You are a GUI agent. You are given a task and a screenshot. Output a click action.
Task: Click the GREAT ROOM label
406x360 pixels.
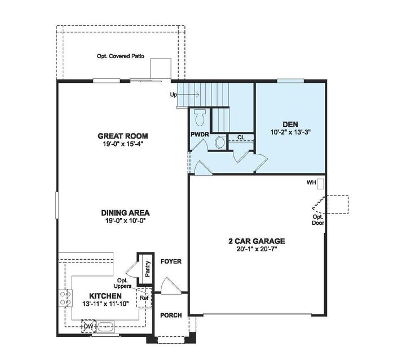[122, 136]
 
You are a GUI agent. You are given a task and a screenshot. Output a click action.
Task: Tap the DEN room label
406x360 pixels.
[290, 125]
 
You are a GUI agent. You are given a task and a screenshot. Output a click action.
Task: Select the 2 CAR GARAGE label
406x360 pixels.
[257, 241]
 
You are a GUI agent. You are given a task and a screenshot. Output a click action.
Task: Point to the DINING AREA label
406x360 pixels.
[125, 212]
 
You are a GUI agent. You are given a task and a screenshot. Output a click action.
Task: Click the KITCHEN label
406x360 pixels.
[105, 296]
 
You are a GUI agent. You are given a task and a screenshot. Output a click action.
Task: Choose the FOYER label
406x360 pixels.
[170, 261]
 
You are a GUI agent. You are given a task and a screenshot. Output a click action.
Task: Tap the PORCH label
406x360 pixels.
[171, 315]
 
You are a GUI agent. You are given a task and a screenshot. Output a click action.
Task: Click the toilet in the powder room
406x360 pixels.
[198, 118]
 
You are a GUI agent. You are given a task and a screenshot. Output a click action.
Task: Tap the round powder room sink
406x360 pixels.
[220, 143]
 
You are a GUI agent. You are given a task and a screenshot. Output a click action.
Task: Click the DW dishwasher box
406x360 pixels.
[87, 326]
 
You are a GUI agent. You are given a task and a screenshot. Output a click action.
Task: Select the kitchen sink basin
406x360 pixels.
[105, 326]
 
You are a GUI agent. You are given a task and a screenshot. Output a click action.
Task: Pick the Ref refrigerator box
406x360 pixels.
[144, 297]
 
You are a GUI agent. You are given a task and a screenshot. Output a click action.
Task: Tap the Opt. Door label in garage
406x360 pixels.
[318, 220]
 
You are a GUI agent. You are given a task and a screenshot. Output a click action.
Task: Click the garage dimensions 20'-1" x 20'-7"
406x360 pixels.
[257, 249]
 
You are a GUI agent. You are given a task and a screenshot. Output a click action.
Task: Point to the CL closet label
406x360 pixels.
[241, 137]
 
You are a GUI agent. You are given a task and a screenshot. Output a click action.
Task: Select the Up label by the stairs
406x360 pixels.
[173, 95]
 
